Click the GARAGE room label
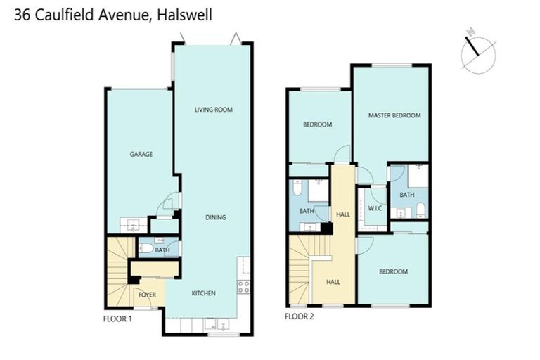click(x=141, y=154)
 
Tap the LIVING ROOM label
click(x=213, y=110)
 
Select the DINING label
click(x=216, y=217)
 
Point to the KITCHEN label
click(x=204, y=293)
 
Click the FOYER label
click(x=147, y=294)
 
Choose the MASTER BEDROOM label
click(x=394, y=115)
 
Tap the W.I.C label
click(x=374, y=209)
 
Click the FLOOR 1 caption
click(x=117, y=319)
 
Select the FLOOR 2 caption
click(x=299, y=316)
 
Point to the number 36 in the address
click(x=22, y=13)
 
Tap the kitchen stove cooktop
click(x=244, y=287)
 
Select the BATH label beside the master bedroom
click(x=406, y=195)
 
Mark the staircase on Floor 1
click(x=117, y=271)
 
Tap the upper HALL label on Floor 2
click(x=343, y=214)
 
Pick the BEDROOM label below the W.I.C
click(x=393, y=271)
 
